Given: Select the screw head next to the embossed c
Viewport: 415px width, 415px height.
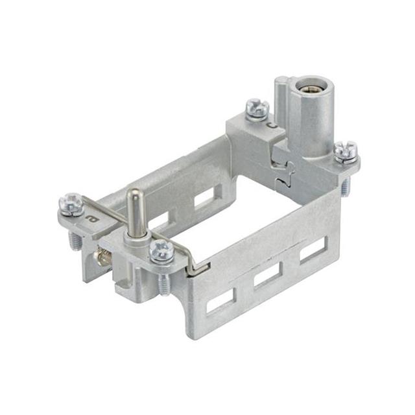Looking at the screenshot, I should [257, 108].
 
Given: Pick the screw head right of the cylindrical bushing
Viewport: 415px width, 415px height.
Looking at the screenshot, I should [346, 151].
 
